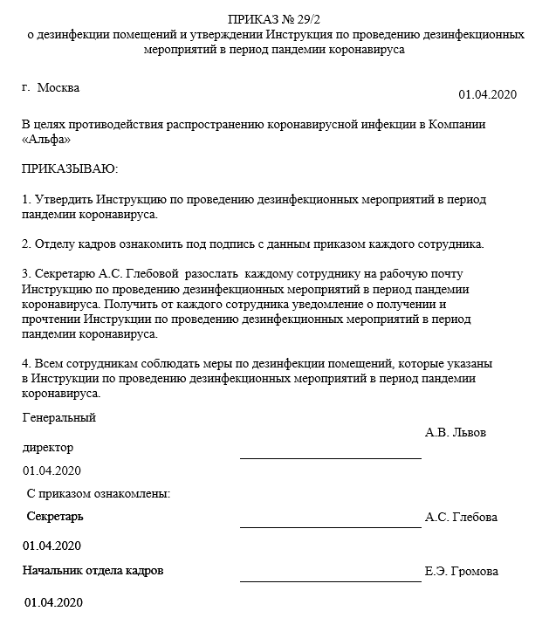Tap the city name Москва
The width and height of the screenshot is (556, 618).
(x=58, y=88)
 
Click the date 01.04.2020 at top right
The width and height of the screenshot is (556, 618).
(x=488, y=94)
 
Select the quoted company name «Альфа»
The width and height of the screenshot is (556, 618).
(x=46, y=139)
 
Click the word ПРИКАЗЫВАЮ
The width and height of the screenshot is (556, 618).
(x=70, y=167)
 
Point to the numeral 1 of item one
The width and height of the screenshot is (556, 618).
(x=25, y=199)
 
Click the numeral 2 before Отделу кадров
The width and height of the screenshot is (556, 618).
(x=25, y=243)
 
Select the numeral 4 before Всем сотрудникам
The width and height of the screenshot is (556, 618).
(x=25, y=361)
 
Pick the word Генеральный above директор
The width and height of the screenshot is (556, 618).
(x=59, y=417)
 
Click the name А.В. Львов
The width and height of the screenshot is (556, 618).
(x=456, y=432)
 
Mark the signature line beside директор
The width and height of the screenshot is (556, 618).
(x=330, y=457)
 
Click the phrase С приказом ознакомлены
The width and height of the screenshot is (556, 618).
(x=98, y=493)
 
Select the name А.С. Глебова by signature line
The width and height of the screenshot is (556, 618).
(x=461, y=517)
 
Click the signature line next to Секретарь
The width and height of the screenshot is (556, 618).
(x=330, y=526)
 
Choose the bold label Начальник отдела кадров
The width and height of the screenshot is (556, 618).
(x=93, y=570)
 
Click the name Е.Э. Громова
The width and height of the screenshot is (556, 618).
(x=462, y=572)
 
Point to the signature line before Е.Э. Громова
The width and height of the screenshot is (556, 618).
(x=330, y=580)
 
